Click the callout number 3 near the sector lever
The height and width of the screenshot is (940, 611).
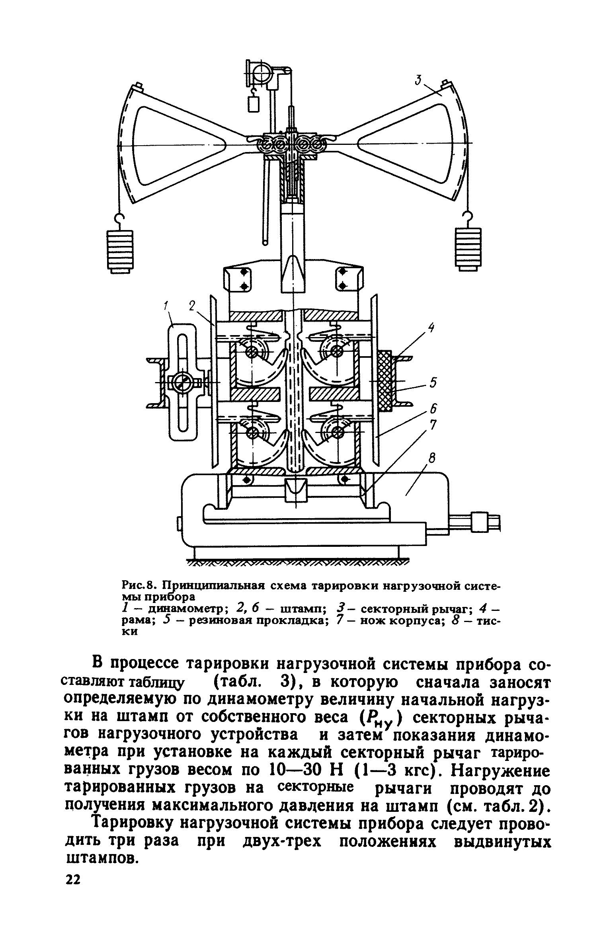click(418, 80)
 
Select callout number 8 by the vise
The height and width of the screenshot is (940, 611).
click(432, 459)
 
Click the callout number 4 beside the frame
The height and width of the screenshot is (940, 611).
click(431, 328)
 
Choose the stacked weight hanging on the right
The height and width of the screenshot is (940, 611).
click(468, 248)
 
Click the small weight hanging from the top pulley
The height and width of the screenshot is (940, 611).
click(253, 104)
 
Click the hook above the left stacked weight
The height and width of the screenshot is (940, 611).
click(119, 219)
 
